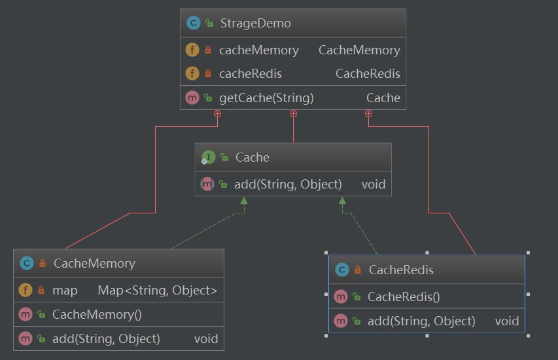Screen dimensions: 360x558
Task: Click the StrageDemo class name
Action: click(256, 24)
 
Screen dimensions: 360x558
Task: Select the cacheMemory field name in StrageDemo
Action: click(258, 50)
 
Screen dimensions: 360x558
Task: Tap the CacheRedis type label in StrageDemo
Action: click(368, 73)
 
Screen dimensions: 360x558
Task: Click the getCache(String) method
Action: click(266, 98)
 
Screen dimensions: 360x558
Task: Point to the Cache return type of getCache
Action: click(383, 98)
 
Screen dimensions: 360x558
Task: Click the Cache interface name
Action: click(252, 157)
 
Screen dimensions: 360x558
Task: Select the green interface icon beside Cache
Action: click(208, 157)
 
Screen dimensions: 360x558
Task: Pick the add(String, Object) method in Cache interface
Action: click(288, 185)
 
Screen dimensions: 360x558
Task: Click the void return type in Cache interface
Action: click(373, 185)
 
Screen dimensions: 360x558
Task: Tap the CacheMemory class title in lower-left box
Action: click(94, 264)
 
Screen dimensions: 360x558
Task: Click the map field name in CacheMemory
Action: click(65, 290)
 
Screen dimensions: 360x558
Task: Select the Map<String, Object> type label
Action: click(157, 290)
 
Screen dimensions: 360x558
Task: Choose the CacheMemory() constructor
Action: click(97, 314)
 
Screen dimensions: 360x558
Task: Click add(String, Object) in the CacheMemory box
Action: click(106, 338)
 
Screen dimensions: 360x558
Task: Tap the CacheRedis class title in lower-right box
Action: click(401, 270)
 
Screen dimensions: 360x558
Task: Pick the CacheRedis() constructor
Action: click(404, 297)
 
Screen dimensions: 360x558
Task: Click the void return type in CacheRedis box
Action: click(506, 321)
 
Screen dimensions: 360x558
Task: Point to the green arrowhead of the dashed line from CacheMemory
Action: click(244, 201)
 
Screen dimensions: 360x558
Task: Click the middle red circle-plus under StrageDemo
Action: click(293, 114)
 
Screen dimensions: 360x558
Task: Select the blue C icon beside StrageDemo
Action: click(193, 24)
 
